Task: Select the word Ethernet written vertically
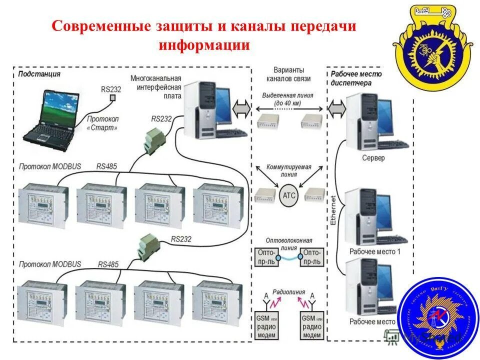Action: [333, 209]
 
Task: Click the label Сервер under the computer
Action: [373, 158]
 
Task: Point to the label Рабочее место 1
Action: [375, 251]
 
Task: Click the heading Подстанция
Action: [39, 74]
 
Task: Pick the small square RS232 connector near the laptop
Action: [112, 98]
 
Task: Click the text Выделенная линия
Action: [288, 95]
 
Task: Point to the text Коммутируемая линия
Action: [289, 170]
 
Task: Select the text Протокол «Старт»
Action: [102, 123]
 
